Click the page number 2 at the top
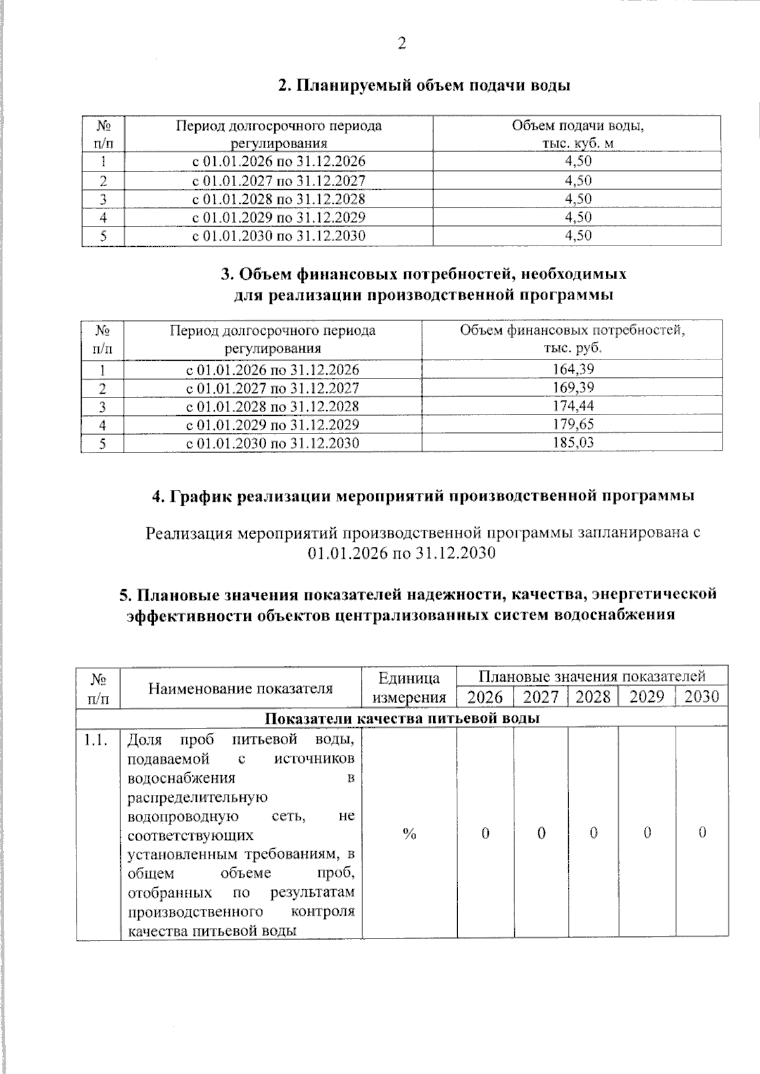[401, 44]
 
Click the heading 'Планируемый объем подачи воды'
[424, 85]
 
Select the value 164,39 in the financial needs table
[573, 369]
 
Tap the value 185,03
[573, 442]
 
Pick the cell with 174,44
[573, 406]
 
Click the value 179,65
[573, 424]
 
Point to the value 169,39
[573, 387]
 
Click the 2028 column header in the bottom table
[593, 697]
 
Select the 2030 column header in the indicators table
[702, 697]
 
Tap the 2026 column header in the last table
[484, 697]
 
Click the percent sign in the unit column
[409, 834]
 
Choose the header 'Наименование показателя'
[240, 688]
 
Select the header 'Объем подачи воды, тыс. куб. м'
[577, 134]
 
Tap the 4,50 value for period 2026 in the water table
[578, 161]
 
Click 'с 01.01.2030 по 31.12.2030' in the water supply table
[279, 236]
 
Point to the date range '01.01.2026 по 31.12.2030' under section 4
[401, 553]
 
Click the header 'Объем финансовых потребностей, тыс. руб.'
[573, 339]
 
